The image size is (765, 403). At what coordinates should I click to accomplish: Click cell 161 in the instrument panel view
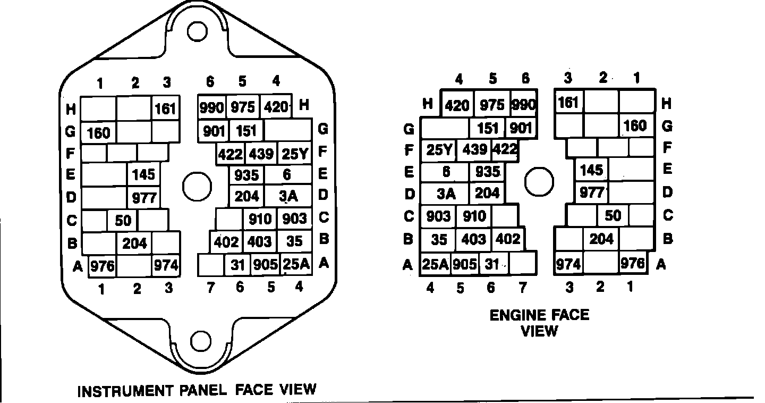[165, 109]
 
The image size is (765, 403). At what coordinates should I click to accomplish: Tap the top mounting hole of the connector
[197, 32]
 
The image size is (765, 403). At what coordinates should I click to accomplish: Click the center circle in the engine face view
[539, 181]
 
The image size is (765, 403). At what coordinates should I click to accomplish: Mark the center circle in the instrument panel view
[197, 186]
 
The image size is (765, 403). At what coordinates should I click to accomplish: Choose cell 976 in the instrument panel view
[101, 266]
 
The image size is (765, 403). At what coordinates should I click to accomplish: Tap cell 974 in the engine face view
[568, 264]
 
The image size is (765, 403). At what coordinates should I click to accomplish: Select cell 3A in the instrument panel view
[288, 196]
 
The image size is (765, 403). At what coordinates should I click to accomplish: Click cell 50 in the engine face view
[613, 215]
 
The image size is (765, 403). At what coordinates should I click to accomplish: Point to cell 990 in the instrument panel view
[212, 107]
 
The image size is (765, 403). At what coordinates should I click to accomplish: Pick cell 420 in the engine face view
[457, 105]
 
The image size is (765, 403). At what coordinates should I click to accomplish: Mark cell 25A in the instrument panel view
[295, 264]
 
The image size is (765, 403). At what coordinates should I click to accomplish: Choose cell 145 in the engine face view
[591, 170]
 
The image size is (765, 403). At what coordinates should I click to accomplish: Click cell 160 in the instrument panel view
[98, 132]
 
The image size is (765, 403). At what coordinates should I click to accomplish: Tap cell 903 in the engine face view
[439, 216]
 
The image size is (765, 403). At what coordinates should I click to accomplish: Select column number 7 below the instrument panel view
[211, 288]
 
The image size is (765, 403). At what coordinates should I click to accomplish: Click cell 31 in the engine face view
[493, 264]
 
